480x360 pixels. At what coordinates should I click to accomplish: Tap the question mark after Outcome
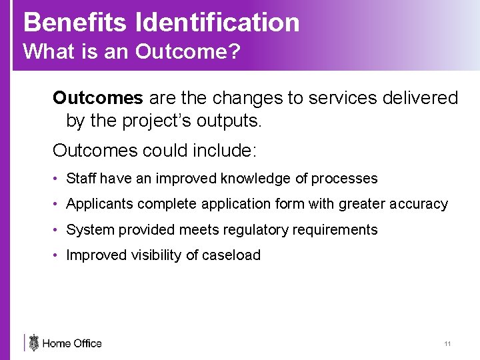click(233, 51)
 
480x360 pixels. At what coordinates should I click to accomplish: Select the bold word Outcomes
click(98, 98)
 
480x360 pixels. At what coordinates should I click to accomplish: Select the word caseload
click(231, 255)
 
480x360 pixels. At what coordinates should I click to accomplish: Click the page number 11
click(447, 344)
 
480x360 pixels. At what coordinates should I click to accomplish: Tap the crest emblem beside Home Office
click(34, 343)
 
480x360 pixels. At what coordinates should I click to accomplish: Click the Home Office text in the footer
click(72, 343)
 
